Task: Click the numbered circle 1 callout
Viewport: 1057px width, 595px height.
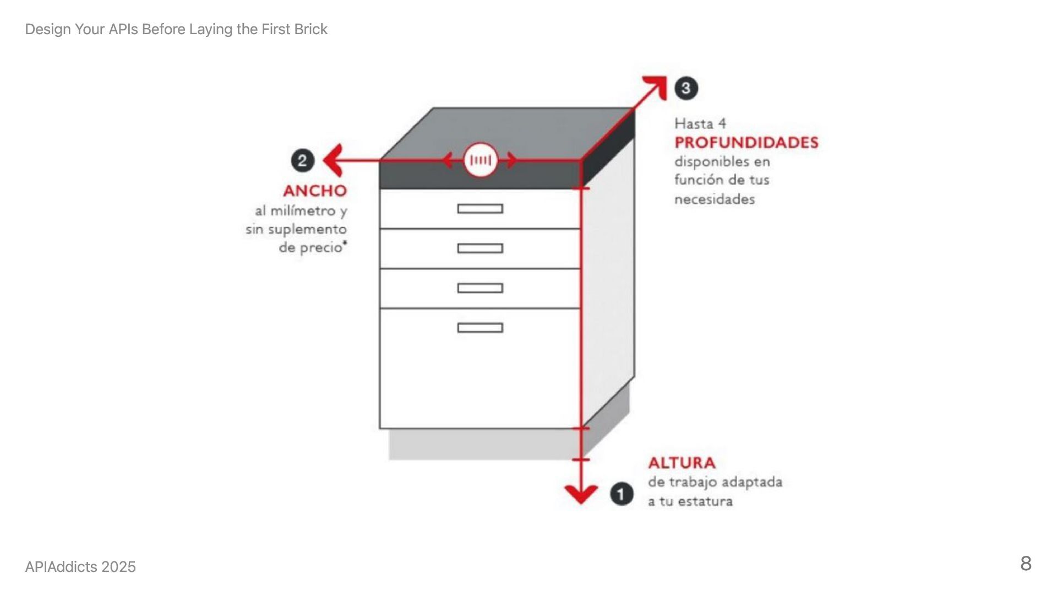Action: [x=622, y=494]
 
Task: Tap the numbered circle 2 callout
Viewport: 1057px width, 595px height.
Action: [x=302, y=161]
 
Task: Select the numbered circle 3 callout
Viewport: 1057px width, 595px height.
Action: [x=686, y=88]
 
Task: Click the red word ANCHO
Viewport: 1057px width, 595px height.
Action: [x=315, y=191]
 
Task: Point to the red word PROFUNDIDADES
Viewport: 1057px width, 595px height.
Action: [x=747, y=143]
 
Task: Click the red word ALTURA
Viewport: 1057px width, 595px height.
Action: [x=682, y=463]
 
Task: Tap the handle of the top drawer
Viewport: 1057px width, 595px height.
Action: [x=480, y=209]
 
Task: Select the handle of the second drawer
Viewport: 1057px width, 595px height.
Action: [x=480, y=248]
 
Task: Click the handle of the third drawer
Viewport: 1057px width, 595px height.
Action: [x=480, y=288]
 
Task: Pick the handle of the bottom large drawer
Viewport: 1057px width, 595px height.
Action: [x=480, y=328]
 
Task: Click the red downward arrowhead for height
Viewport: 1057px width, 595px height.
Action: [x=581, y=494]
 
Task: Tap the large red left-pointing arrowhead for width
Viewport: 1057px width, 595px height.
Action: [x=333, y=160]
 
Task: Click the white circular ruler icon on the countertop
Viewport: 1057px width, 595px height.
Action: [x=481, y=160]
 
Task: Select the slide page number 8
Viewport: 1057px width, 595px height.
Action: [x=1026, y=564]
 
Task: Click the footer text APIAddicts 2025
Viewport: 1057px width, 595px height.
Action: [x=80, y=567]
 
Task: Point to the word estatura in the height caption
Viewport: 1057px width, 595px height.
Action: [x=705, y=502]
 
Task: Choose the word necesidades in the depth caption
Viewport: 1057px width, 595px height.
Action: [x=715, y=199]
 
